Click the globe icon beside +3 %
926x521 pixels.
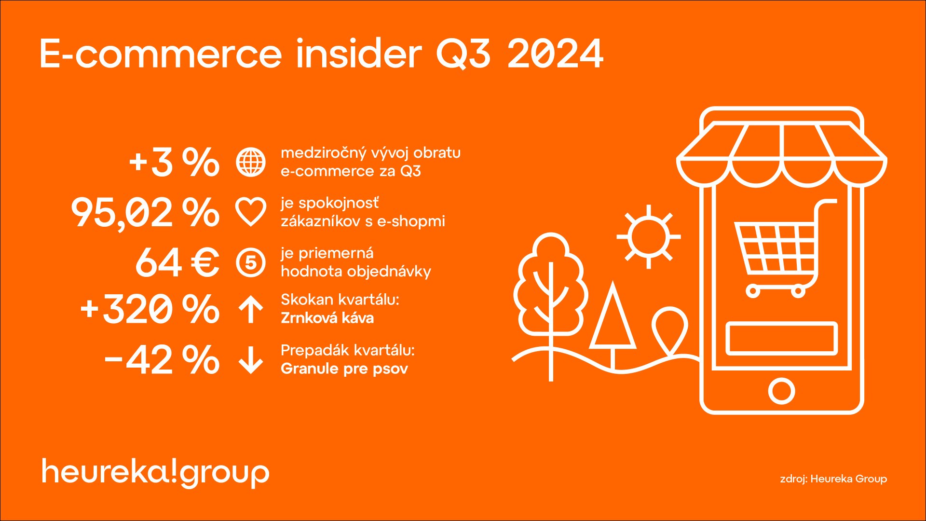pyautogui.click(x=251, y=162)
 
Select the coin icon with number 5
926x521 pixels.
pyautogui.click(x=251, y=262)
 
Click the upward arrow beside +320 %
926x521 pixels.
pyautogui.click(x=251, y=309)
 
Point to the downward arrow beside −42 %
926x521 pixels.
pyautogui.click(x=251, y=359)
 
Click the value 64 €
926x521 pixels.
pyautogui.click(x=177, y=262)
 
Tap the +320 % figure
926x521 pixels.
pyautogui.click(x=150, y=309)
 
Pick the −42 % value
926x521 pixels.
pyautogui.click(x=162, y=359)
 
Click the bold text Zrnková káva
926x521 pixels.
pyautogui.click(x=327, y=318)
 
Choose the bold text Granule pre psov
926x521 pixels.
pyautogui.click(x=344, y=369)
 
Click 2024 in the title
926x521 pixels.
pyautogui.click(x=555, y=54)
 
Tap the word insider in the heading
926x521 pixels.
pyautogui.click(x=358, y=53)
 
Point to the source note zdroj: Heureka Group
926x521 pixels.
pyautogui.click(x=833, y=479)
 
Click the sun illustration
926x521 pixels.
pyautogui.click(x=649, y=237)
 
